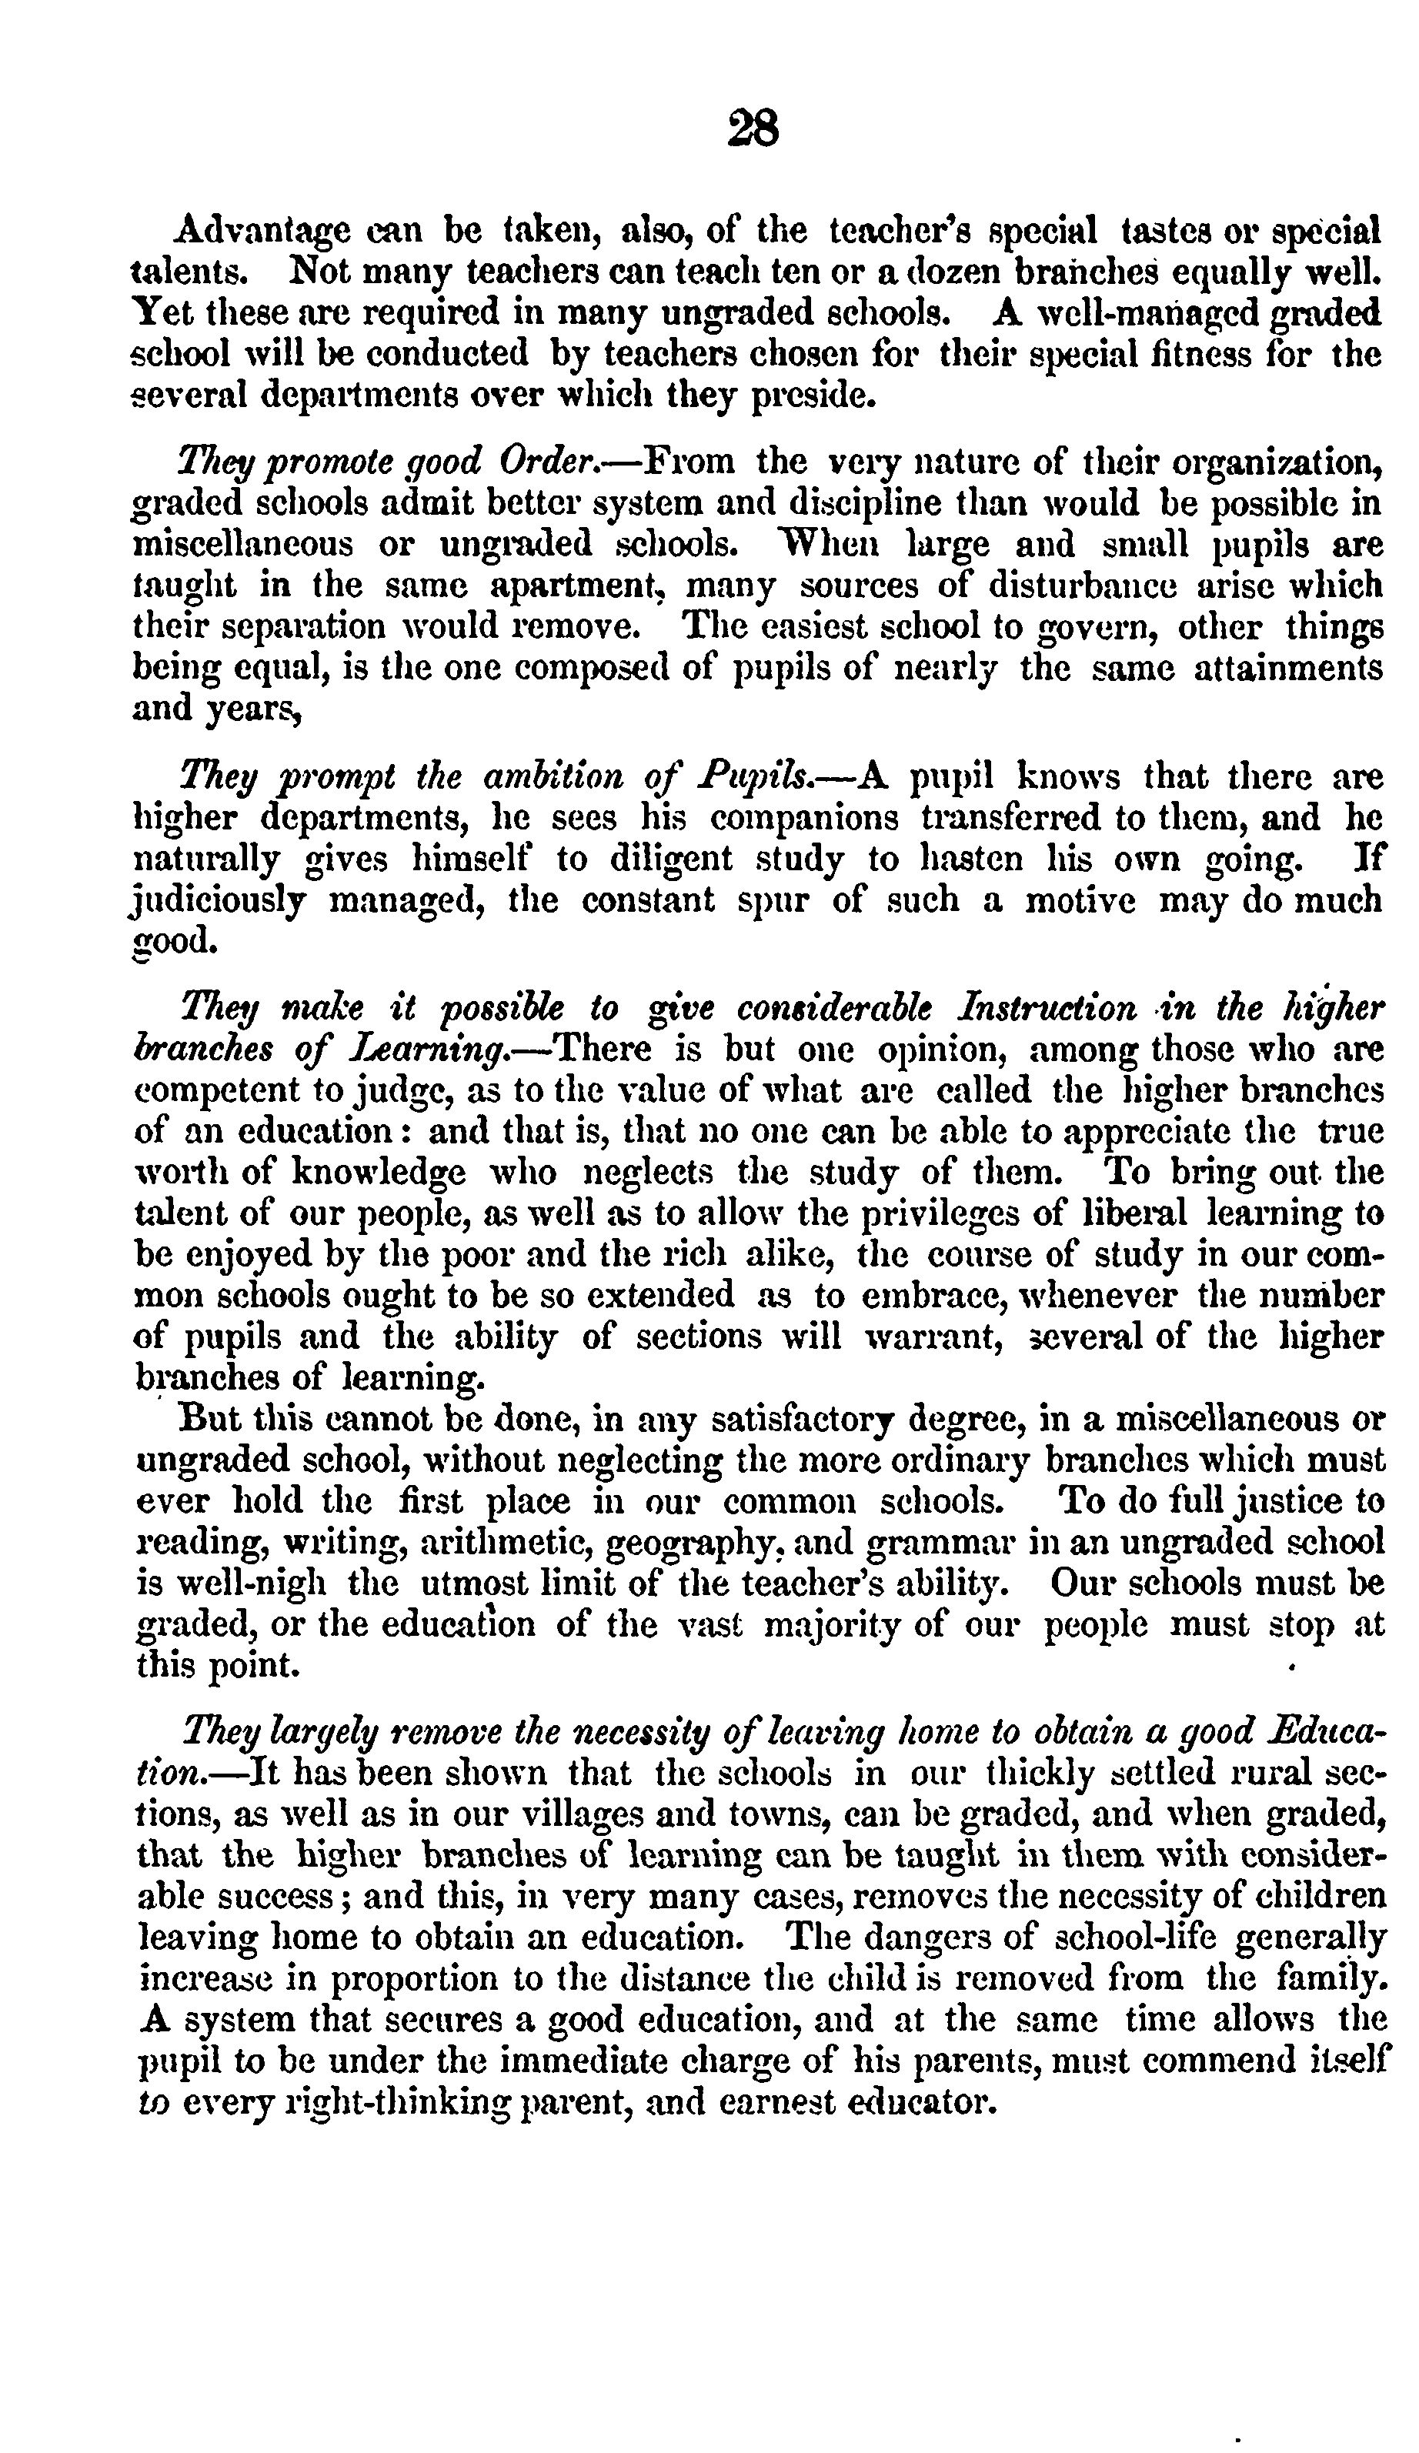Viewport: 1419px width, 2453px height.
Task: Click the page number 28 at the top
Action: click(x=753, y=128)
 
